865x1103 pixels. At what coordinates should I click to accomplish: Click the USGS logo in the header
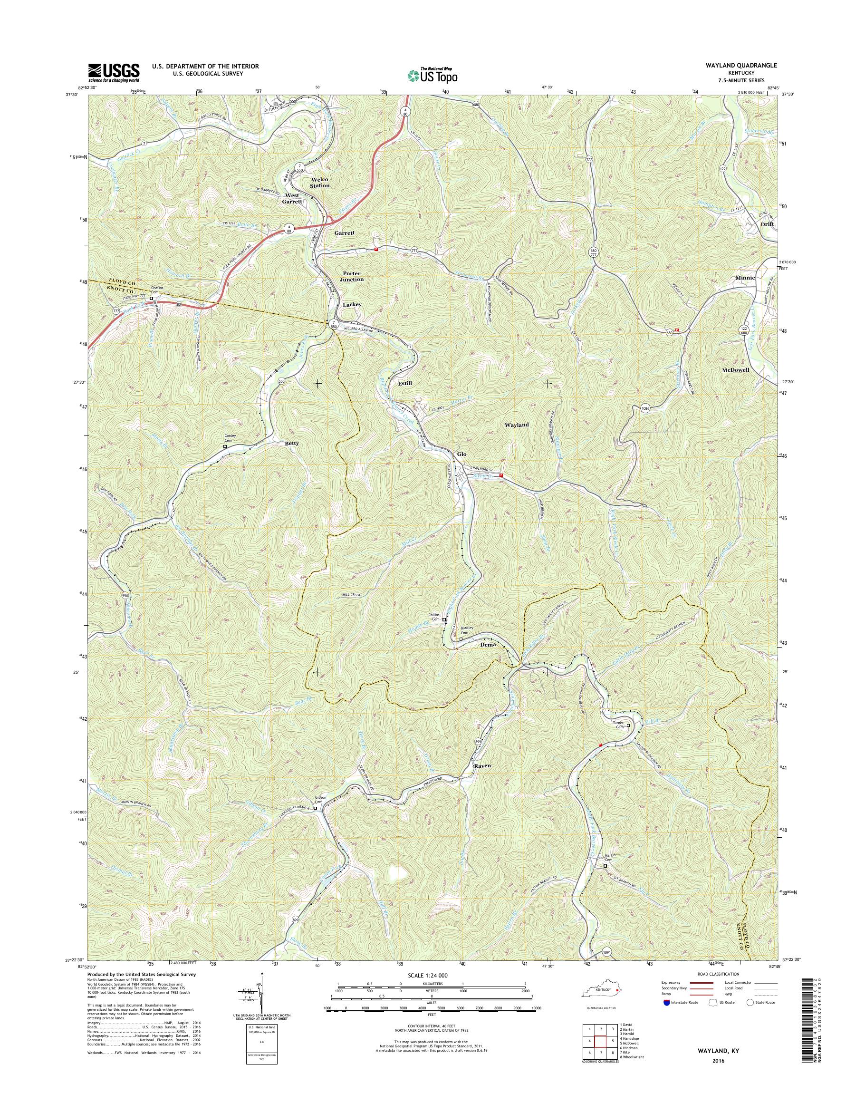(x=114, y=72)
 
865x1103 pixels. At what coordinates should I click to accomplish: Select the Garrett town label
(x=344, y=233)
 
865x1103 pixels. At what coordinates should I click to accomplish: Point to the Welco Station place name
(x=319, y=183)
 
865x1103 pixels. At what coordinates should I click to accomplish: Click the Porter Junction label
(x=353, y=276)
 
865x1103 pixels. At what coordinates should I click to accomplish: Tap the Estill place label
(x=404, y=384)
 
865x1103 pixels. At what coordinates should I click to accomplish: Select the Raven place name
(x=482, y=766)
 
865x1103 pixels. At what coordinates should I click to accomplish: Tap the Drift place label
(x=768, y=223)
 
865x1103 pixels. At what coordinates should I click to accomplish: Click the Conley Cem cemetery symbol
(x=225, y=447)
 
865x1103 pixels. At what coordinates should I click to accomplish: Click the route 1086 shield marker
(x=644, y=408)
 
